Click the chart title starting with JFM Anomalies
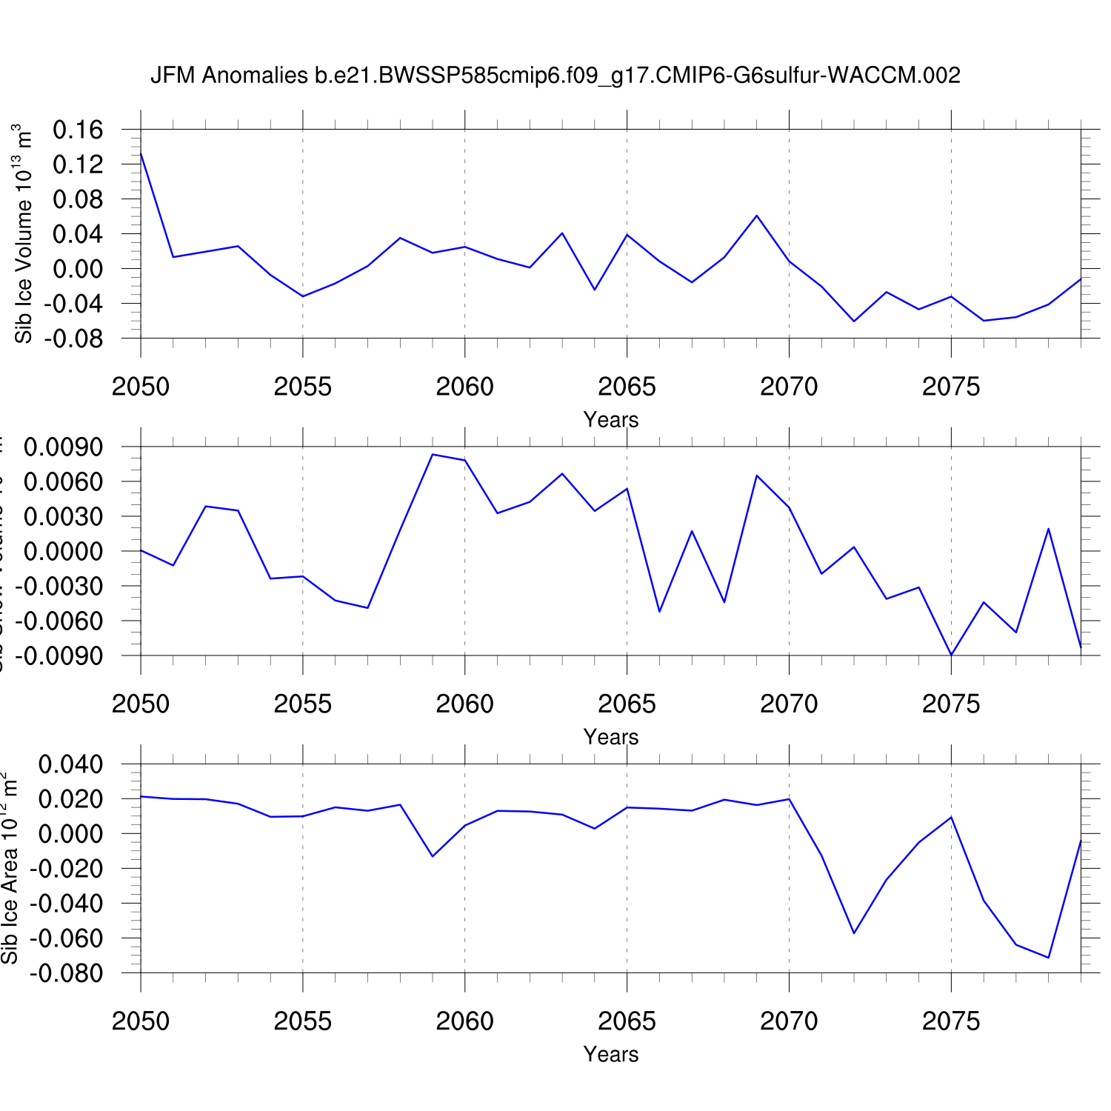pyautogui.click(x=555, y=75)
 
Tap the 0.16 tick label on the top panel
pyautogui.click(x=78, y=130)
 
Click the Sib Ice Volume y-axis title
pyautogui.click(x=24, y=233)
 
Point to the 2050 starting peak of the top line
pyautogui.click(x=141, y=153)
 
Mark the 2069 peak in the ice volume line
pyautogui.click(x=756, y=216)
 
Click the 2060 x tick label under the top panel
pyautogui.click(x=464, y=387)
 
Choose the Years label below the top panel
pyautogui.click(x=610, y=420)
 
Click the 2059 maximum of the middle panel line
pyautogui.click(x=433, y=454)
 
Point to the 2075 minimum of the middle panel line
pyautogui.click(x=951, y=655)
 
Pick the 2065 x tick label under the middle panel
pyautogui.click(x=627, y=704)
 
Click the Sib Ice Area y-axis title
pyautogui.click(x=10, y=868)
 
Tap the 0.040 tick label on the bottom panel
pyautogui.click(x=70, y=764)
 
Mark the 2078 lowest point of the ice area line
pyautogui.click(x=1048, y=958)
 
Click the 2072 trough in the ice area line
pyautogui.click(x=854, y=933)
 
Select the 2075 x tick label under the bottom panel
pyautogui.click(x=951, y=1021)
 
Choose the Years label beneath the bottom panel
pyautogui.click(x=610, y=1054)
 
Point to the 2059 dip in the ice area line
pyautogui.click(x=433, y=856)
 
